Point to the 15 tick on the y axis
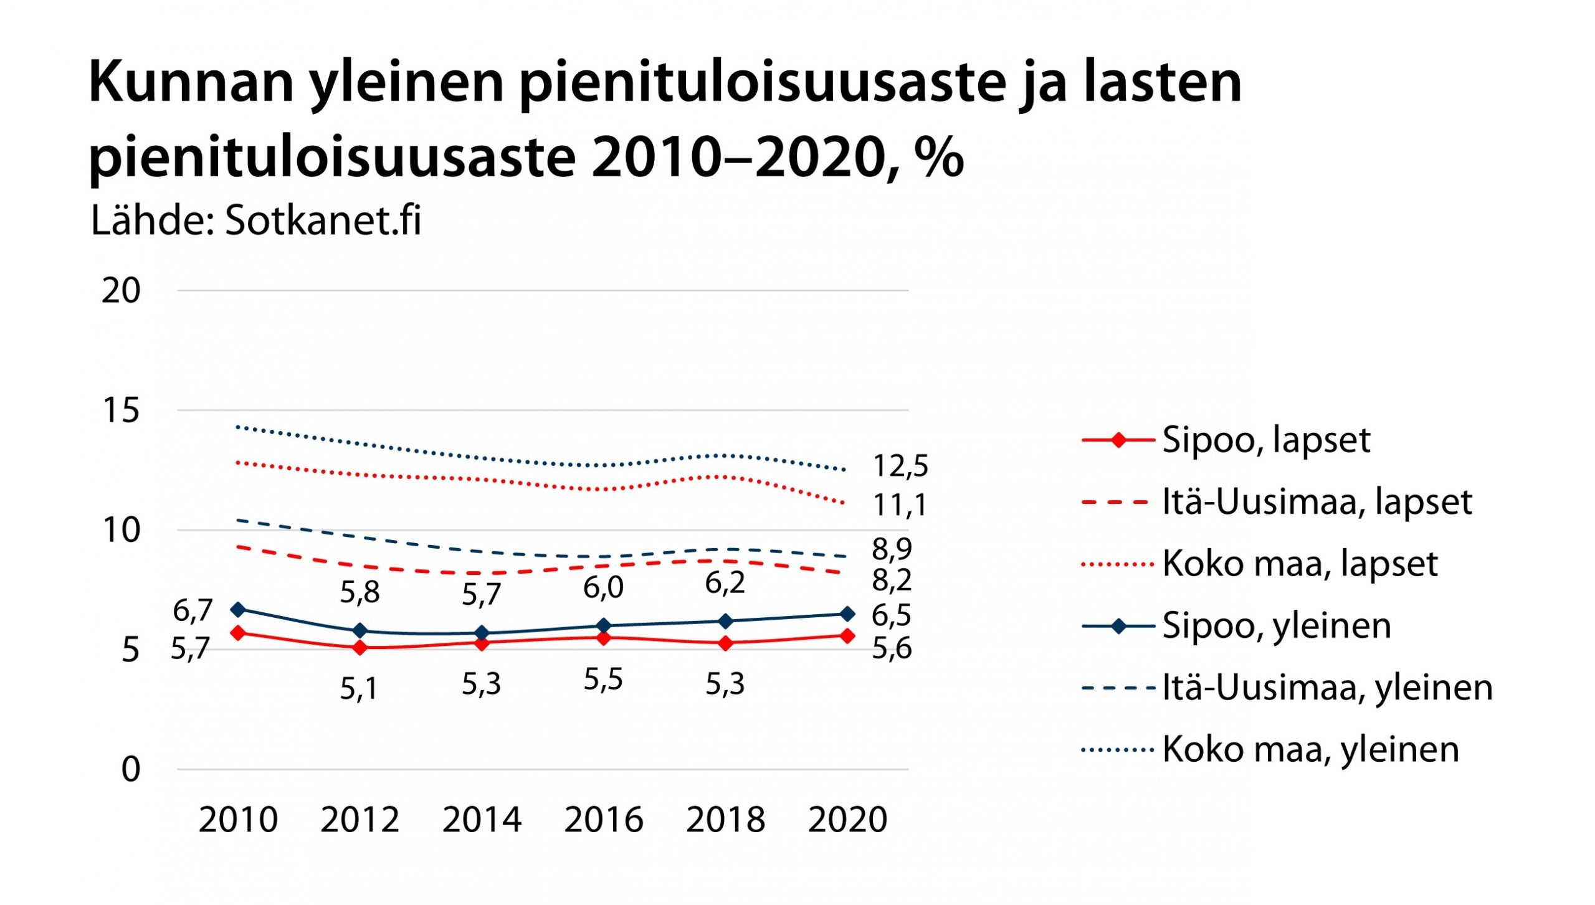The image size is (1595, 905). (x=121, y=410)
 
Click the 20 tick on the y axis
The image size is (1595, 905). (x=121, y=291)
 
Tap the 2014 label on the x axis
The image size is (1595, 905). (x=482, y=820)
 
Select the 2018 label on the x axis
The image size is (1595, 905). (x=725, y=820)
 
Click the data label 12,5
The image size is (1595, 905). (x=900, y=466)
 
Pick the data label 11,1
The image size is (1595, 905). (x=900, y=505)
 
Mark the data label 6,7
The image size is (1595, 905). (x=193, y=610)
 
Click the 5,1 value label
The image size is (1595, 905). (x=359, y=689)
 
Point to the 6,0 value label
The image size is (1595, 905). (x=603, y=587)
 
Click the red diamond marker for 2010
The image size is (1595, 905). (x=237, y=633)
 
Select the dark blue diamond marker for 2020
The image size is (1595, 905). (x=847, y=614)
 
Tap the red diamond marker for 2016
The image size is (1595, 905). (x=603, y=638)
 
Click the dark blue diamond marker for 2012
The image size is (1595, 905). (x=359, y=631)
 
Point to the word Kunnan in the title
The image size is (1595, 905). (x=191, y=82)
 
